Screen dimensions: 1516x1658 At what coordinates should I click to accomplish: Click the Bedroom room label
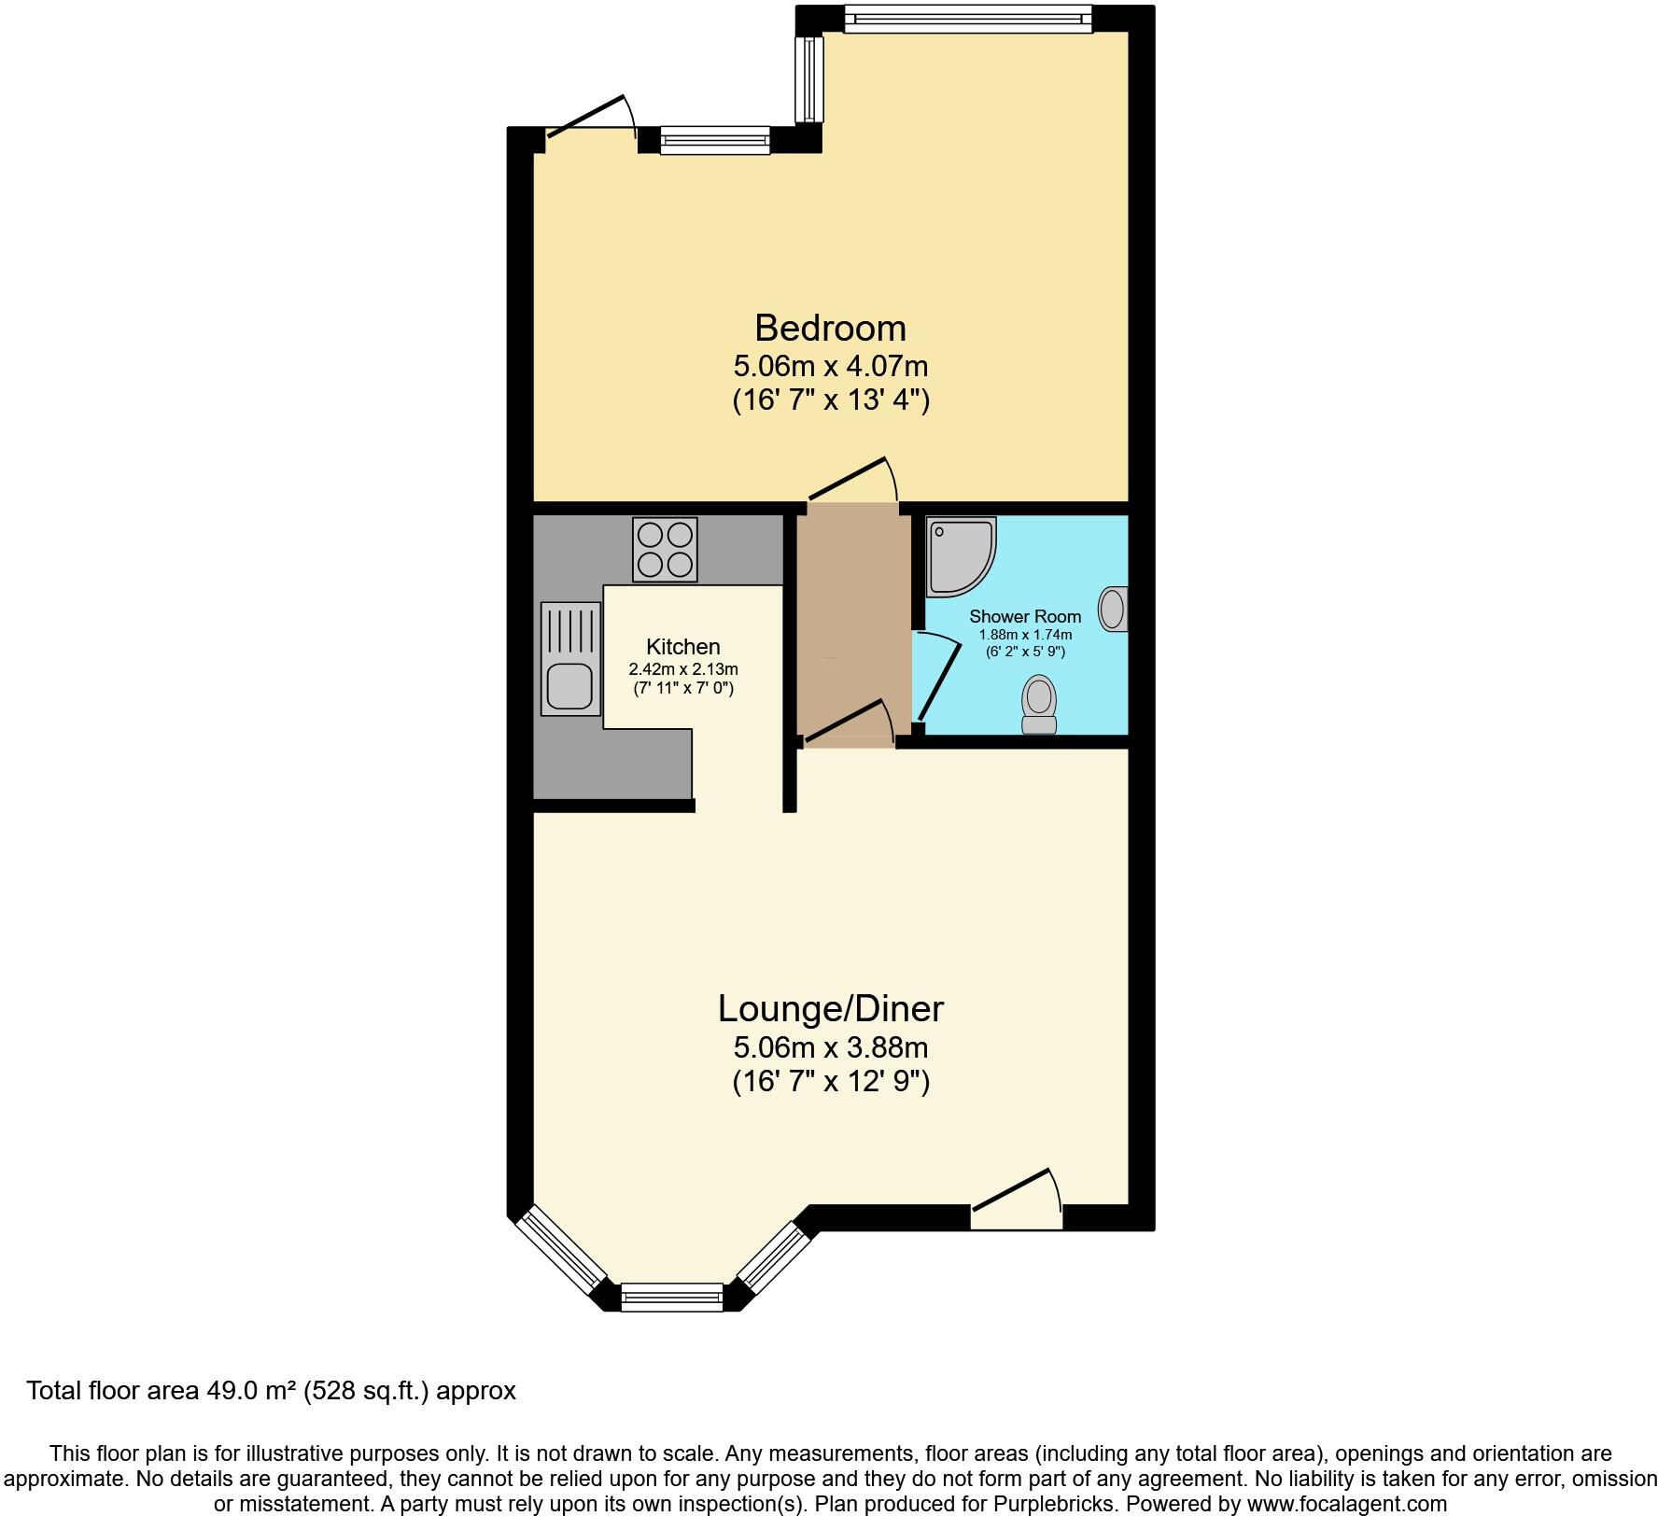tap(830, 329)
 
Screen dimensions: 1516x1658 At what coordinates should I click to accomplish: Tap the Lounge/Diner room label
tap(830, 1009)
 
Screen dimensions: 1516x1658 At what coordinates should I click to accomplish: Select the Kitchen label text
tap(682, 647)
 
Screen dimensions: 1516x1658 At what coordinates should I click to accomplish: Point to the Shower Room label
tap(1025, 616)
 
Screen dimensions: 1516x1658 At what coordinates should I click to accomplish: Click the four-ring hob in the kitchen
tap(665, 549)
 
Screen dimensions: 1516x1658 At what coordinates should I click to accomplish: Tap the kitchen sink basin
tap(569, 686)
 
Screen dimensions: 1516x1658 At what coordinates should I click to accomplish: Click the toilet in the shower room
tap(1039, 706)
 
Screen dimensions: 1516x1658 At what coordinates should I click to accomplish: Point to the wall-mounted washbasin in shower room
tap(1113, 609)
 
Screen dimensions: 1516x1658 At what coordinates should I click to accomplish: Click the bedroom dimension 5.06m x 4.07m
tap(830, 366)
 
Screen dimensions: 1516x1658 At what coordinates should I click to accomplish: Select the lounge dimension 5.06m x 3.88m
tap(830, 1047)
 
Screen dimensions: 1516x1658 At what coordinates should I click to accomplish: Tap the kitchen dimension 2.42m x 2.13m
tap(682, 669)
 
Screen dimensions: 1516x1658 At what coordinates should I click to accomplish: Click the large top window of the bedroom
tap(967, 19)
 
